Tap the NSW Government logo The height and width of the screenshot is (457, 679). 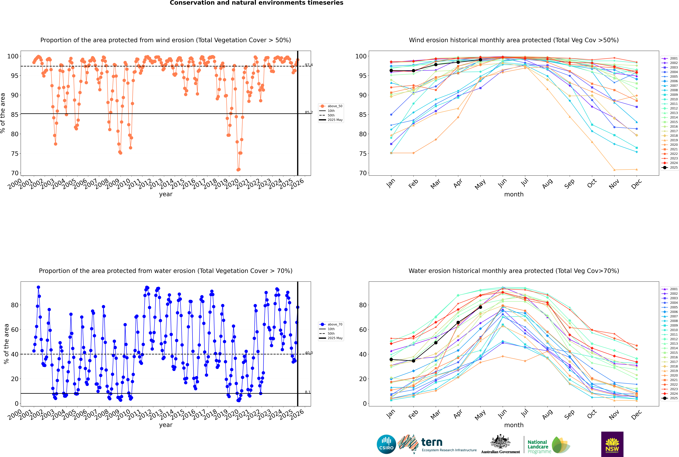(612, 444)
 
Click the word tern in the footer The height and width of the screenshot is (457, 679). (432, 442)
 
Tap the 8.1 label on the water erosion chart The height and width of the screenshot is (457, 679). (308, 392)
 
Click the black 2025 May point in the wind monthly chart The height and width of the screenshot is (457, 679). (480, 60)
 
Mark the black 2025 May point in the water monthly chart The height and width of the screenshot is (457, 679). (480, 307)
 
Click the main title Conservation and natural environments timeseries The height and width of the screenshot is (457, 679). (257, 3)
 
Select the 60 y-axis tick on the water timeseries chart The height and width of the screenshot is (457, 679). (15, 330)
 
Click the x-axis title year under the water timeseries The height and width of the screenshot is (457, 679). (166, 425)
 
